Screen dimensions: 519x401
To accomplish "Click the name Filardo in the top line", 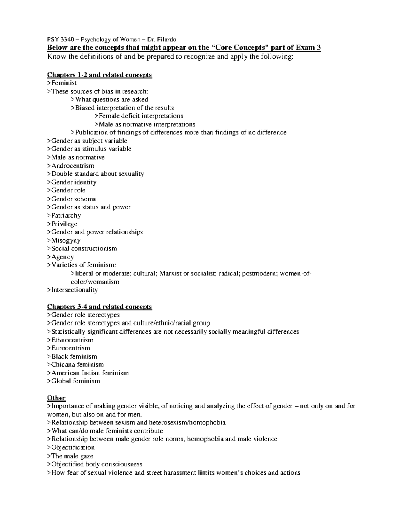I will (x=172, y=40).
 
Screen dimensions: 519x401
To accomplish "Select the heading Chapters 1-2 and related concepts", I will (x=100, y=75).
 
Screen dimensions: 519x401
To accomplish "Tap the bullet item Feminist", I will (x=62, y=83).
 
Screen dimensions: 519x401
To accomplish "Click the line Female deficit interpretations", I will (x=139, y=116).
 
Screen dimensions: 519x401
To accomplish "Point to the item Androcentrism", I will (x=71, y=166).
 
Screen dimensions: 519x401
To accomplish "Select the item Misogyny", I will (x=64, y=240).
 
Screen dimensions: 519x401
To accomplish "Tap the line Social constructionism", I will (x=82, y=249).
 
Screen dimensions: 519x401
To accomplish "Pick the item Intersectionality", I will (x=73, y=290).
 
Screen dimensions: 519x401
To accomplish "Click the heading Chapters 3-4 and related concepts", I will (x=100, y=307).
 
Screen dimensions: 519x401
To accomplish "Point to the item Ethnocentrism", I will (x=71, y=340).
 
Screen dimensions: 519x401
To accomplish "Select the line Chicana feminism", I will (x=76, y=365).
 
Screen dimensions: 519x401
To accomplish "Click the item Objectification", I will (x=71, y=447).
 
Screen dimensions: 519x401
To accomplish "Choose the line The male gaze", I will (x=70, y=456).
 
